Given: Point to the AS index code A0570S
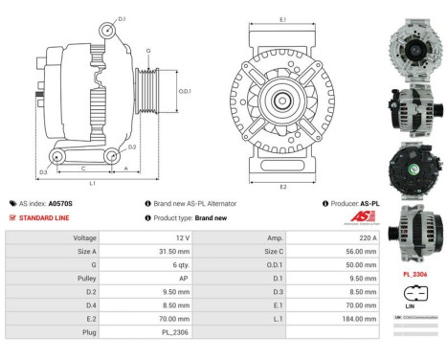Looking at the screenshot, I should [x=60, y=204].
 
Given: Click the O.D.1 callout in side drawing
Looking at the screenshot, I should [x=186, y=91].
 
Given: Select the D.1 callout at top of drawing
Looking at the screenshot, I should [x=121, y=18].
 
